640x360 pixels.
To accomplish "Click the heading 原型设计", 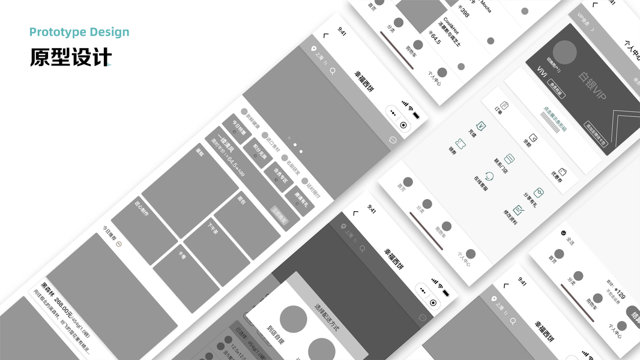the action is (71, 57).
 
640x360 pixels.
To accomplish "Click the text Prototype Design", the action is (79, 32).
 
